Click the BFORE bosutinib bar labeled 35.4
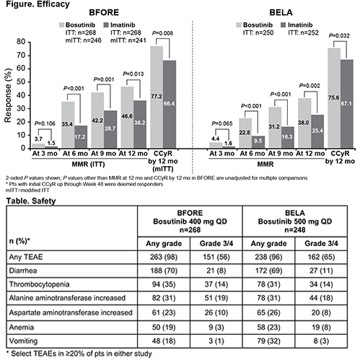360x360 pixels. (68, 125)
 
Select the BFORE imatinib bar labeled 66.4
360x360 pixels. (170, 104)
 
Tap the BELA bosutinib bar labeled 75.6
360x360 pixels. (334, 98)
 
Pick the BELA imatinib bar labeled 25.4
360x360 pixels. (317, 131)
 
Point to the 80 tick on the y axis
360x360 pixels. (21, 42)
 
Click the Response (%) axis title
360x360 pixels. (8, 95)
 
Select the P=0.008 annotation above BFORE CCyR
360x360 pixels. (162, 33)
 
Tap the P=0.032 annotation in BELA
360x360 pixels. (339, 36)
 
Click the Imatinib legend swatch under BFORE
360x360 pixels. (106, 25)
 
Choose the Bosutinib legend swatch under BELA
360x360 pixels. (239, 25)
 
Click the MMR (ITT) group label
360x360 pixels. (88, 164)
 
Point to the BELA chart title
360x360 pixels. (281, 12)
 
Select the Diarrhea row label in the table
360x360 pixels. (23, 271)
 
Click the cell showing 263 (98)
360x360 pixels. (164, 257)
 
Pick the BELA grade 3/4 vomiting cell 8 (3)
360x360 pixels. (321, 341)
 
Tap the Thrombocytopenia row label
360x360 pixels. (39, 284)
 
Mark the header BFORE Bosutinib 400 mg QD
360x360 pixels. (190, 221)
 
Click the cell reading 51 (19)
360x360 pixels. (216, 298)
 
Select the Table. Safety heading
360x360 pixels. (31, 201)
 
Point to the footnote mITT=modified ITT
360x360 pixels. (27, 190)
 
